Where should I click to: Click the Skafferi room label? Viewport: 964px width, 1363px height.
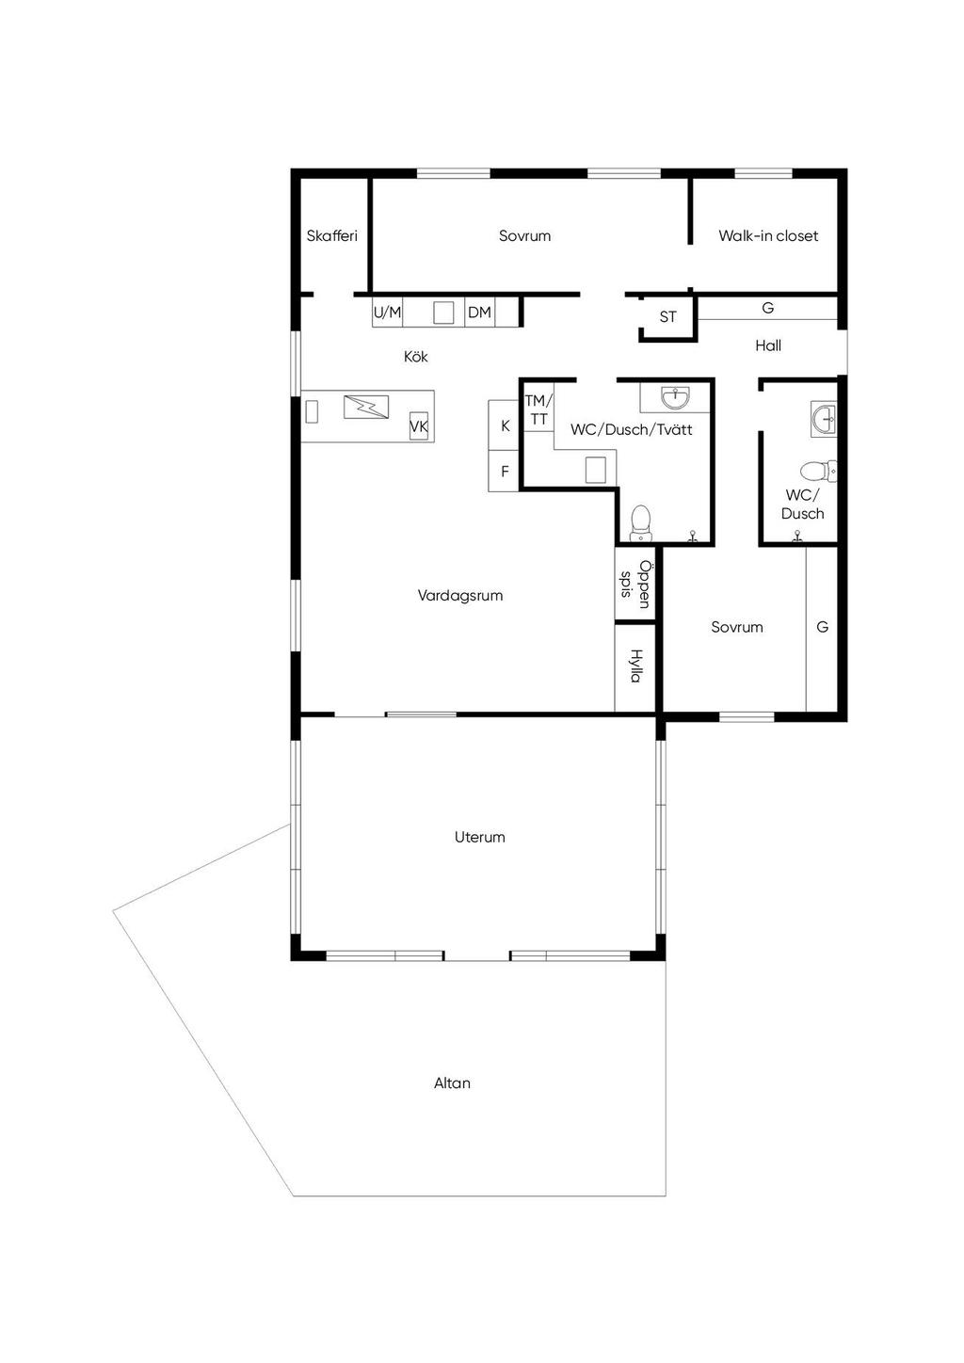(x=331, y=236)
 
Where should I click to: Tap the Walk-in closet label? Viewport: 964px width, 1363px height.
(x=768, y=236)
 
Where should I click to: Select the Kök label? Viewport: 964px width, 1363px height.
(x=416, y=356)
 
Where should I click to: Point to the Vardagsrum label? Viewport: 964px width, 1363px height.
(x=460, y=596)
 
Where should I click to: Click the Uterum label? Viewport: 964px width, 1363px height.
(x=479, y=837)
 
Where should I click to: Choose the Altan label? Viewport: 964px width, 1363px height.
(x=452, y=1083)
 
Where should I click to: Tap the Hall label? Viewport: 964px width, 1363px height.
(x=768, y=345)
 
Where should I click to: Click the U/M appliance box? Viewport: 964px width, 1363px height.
(x=388, y=313)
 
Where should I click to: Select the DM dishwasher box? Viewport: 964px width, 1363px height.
(x=479, y=313)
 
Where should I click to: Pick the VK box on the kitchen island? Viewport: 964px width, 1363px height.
(x=419, y=425)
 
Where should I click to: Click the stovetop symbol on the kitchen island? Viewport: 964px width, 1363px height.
(x=366, y=407)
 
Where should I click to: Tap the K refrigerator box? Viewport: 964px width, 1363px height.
(x=504, y=425)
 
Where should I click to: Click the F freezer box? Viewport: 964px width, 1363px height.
(x=504, y=471)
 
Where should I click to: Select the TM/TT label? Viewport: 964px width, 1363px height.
(x=538, y=409)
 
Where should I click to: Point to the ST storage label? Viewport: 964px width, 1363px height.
(x=667, y=316)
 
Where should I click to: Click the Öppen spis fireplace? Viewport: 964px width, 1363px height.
(x=635, y=585)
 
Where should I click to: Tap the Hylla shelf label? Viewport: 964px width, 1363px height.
(x=635, y=665)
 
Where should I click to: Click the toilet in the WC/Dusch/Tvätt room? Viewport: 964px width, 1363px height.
(x=640, y=523)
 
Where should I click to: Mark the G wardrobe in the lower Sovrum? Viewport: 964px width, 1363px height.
(x=822, y=629)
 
